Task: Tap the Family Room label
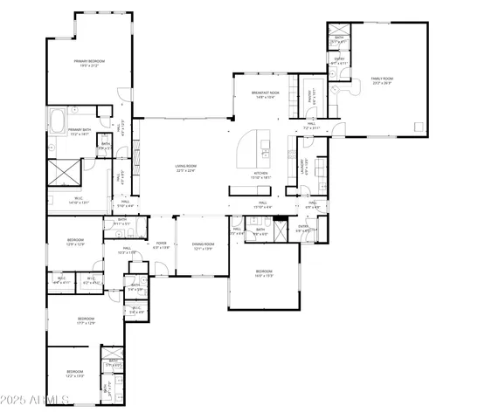[x=382, y=79]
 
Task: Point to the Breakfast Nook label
[x=265, y=95]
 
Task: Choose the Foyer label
[x=162, y=245]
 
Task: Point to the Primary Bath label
[x=80, y=132]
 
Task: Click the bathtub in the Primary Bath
[x=57, y=118]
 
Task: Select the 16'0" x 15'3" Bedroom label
[x=265, y=274]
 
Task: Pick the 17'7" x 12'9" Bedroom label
[x=86, y=321]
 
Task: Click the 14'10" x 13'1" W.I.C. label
[x=79, y=200]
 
